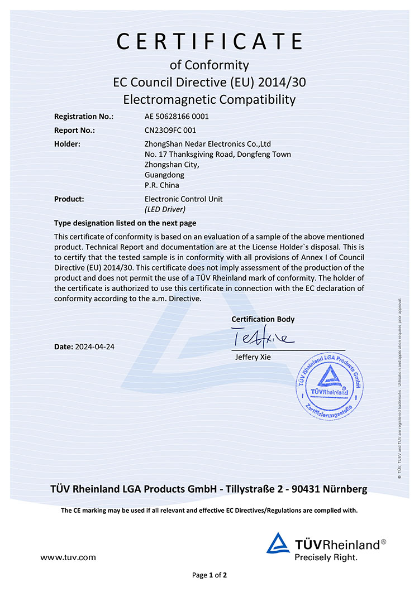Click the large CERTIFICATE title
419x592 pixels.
tap(209, 42)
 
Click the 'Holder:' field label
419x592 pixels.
tap(67, 144)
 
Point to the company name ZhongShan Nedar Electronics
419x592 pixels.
tap(207, 144)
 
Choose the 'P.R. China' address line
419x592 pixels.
tap(161, 185)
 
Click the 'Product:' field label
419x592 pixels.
tap(69, 199)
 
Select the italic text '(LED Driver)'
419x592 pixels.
tap(164, 209)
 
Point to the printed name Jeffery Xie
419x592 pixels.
tap(253, 357)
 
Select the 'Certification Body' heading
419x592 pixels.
tap(263, 319)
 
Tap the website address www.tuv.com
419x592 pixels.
tap(68, 557)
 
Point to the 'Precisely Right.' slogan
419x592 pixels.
tap(326, 557)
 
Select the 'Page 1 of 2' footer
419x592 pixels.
tap(209, 575)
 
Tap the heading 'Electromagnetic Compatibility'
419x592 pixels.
tap(209, 100)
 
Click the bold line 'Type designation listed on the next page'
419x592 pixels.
tap(125, 223)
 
